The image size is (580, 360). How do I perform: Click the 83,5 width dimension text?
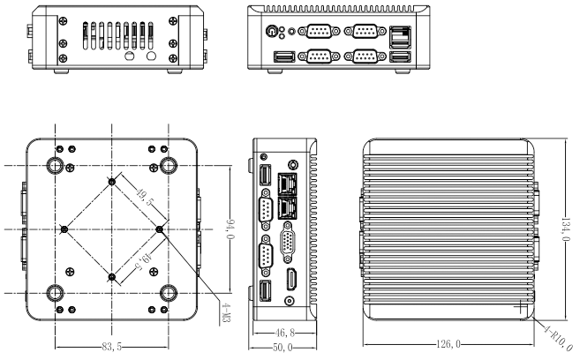click(111, 348)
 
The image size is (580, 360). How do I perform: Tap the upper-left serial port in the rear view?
click(315, 33)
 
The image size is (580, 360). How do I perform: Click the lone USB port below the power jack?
click(284, 58)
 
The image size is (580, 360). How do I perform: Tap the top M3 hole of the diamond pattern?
click(112, 182)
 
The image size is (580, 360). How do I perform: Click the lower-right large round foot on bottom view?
click(169, 293)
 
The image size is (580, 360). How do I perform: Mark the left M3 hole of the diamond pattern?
click(64, 229)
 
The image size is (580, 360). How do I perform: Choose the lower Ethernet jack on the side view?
click(289, 208)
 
